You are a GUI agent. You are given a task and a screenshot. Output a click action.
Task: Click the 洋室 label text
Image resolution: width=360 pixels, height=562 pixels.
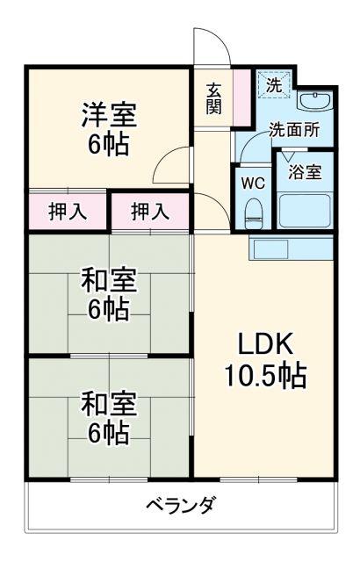pyautogui.click(x=108, y=115)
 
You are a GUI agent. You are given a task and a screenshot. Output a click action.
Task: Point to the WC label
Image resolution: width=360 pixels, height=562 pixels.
pyautogui.click(x=253, y=184)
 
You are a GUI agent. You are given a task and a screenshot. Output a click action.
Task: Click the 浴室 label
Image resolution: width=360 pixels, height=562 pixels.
pyautogui.click(x=306, y=171)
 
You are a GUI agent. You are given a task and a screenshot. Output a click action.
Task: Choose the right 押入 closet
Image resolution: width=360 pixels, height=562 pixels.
pyautogui.click(x=148, y=211)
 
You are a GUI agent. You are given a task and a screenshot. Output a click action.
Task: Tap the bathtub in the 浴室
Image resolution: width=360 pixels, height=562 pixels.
pyautogui.click(x=306, y=211)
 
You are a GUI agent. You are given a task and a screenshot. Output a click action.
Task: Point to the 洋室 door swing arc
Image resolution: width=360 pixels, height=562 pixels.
pyautogui.click(x=174, y=163)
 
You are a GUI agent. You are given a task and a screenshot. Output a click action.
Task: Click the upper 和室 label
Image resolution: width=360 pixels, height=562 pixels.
pyautogui.click(x=108, y=282)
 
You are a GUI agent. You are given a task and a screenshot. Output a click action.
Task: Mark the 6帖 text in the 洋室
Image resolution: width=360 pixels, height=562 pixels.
pyautogui.click(x=108, y=144)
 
